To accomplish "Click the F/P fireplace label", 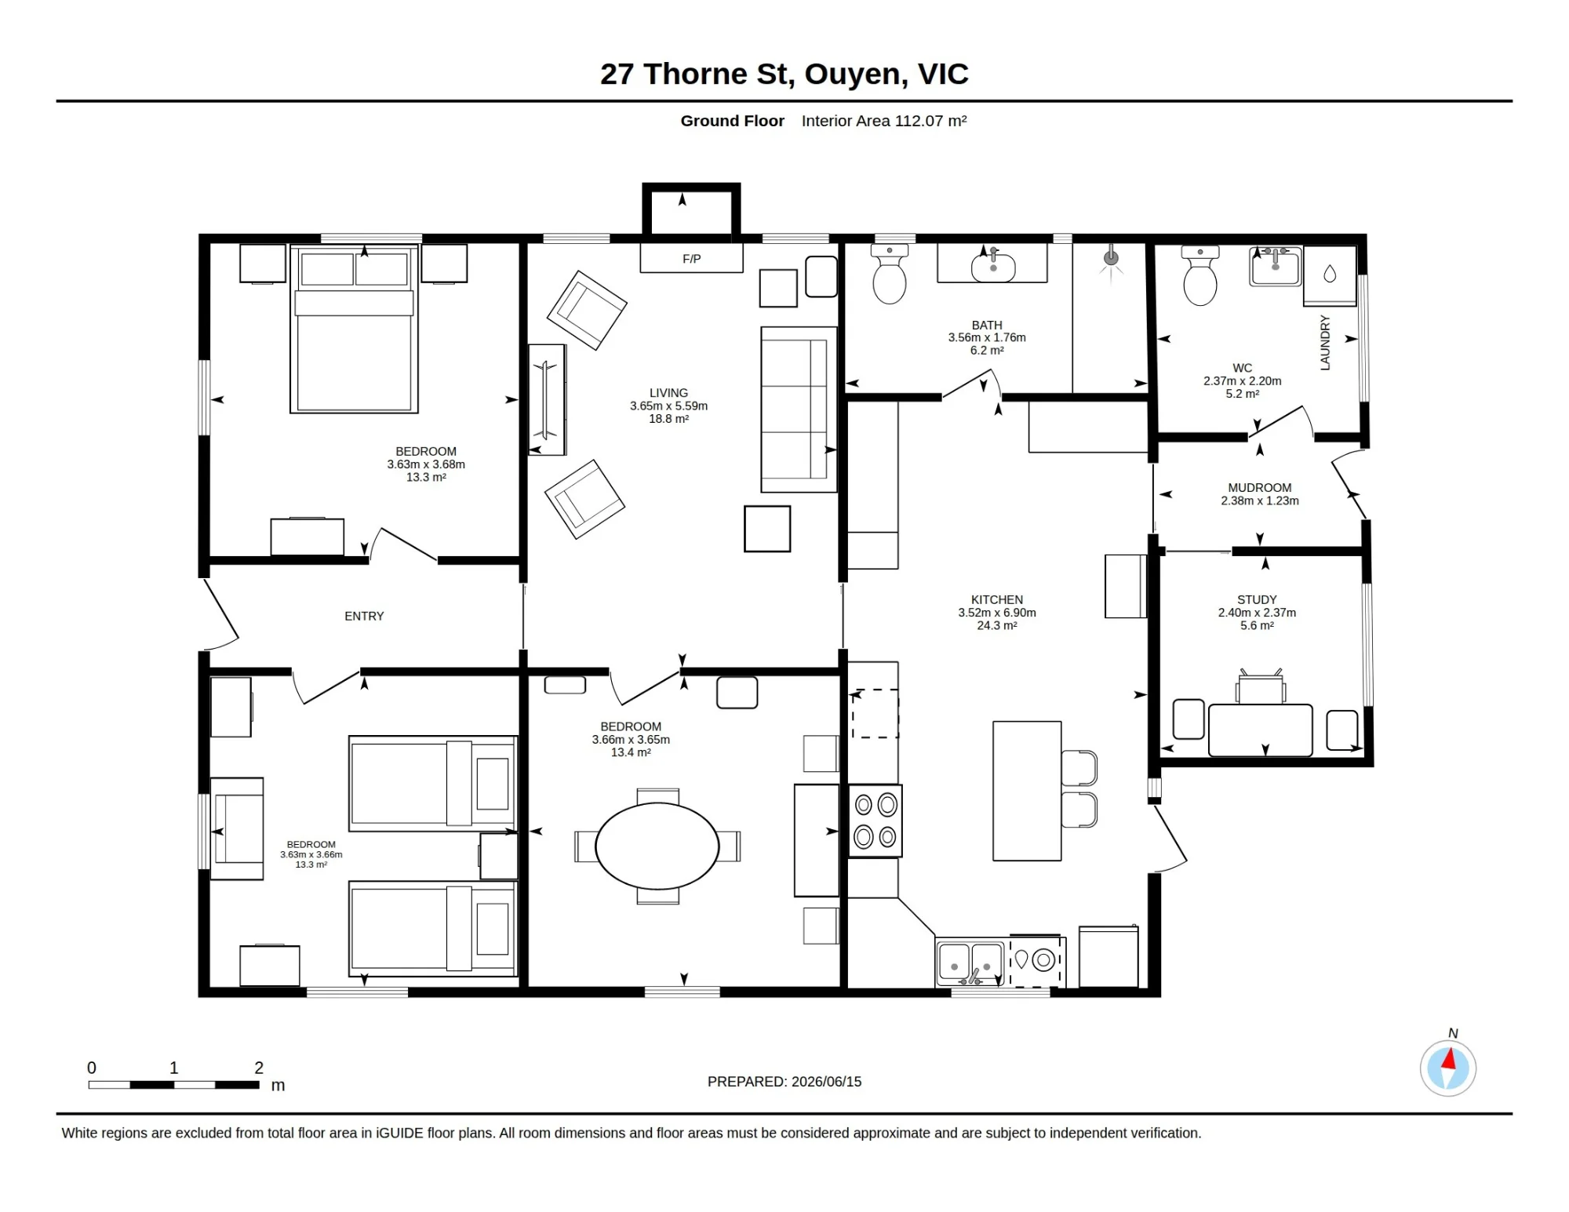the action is [x=691, y=259].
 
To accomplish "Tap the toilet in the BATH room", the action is [x=890, y=274].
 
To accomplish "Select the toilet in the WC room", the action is [x=1200, y=275].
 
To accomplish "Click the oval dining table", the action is [x=657, y=846].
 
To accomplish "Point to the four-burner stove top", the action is [x=876, y=821].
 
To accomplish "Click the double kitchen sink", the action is [x=970, y=963].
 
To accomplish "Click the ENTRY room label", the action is [x=364, y=617].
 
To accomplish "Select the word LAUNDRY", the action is [x=1325, y=343].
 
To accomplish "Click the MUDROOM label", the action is [x=1260, y=488].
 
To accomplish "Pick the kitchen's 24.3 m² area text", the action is [x=997, y=626].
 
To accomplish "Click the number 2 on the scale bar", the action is [x=259, y=1068].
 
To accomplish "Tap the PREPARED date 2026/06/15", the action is [x=827, y=1082].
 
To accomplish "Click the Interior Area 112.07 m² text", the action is [x=884, y=121].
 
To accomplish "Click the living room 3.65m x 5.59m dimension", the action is [x=668, y=406].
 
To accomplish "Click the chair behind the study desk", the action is [x=1261, y=686].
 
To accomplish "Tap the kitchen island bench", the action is [x=1027, y=791].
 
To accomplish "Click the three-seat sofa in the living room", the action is [x=799, y=409].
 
